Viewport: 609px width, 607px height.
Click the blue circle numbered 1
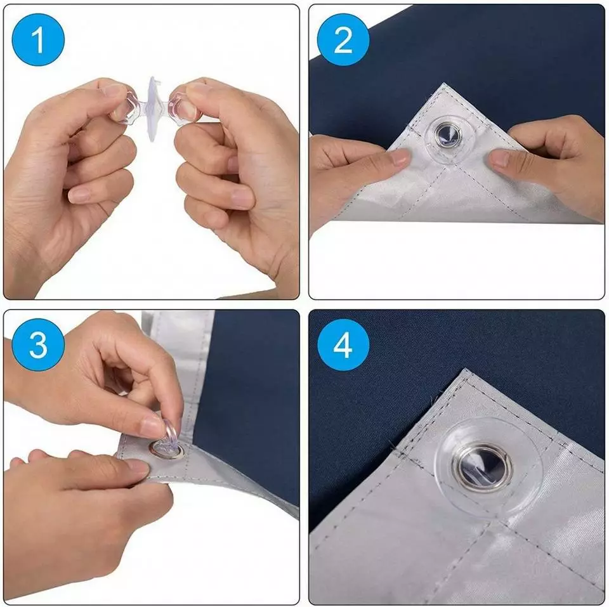[x=38, y=39]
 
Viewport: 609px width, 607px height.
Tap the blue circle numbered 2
[x=343, y=39]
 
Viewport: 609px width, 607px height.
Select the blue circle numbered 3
[x=38, y=344]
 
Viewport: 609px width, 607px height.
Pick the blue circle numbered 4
[x=343, y=344]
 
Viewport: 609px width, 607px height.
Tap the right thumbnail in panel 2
[x=499, y=159]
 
